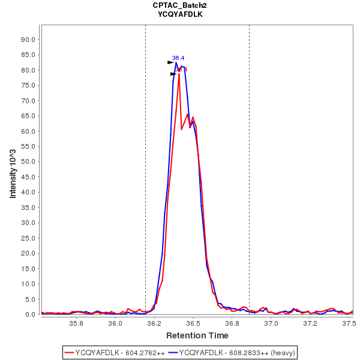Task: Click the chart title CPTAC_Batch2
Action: point(179,5)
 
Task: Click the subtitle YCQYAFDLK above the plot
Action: point(179,14)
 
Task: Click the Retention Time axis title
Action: point(197,335)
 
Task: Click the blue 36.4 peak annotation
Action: point(178,58)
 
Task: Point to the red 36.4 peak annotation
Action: point(182,70)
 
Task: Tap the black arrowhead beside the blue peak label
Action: point(170,62)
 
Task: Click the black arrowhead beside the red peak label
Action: point(173,74)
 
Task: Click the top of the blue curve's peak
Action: point(176,62)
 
